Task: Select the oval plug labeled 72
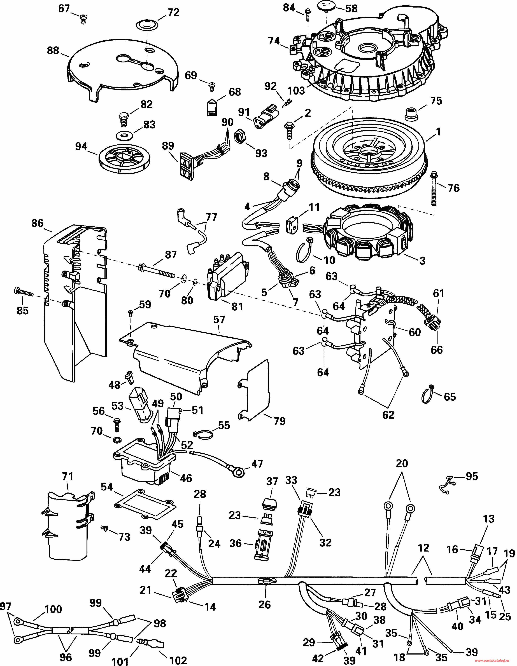click(146, 26)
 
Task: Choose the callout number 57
click(219, 319)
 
